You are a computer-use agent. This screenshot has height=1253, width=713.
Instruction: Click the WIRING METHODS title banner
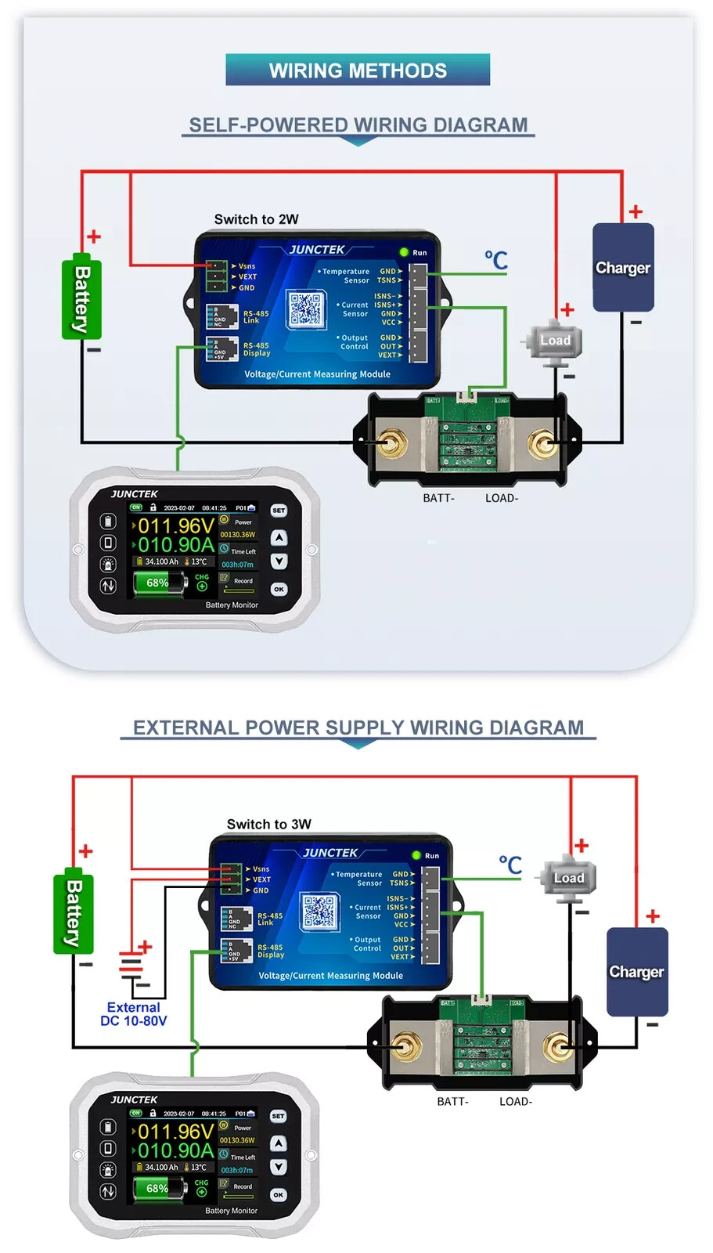358,70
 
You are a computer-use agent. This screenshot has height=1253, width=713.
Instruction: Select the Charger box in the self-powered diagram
623,268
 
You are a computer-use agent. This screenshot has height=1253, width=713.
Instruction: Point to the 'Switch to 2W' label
256,219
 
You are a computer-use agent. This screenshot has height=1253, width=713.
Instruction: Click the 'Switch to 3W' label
268,824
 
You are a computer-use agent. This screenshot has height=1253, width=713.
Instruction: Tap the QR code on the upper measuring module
305,309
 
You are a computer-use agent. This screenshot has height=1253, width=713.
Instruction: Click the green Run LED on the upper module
404,252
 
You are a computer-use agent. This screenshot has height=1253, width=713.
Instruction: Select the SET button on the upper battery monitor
279,511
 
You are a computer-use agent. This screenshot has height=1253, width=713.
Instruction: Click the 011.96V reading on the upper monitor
175,525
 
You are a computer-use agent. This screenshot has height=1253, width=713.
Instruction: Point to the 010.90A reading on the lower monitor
175,1150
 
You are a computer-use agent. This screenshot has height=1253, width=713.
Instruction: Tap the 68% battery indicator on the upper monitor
159,583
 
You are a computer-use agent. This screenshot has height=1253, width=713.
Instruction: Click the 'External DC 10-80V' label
133,1014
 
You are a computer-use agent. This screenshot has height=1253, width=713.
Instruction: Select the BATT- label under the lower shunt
452,1101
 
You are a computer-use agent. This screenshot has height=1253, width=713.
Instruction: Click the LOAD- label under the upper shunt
502,498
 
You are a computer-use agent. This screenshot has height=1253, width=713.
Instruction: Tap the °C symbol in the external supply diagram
510,865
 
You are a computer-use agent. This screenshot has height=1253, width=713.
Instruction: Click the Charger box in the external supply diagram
637,972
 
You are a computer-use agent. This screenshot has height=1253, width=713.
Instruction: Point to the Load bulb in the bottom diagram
568,878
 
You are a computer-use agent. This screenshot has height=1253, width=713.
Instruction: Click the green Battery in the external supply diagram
73,913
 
